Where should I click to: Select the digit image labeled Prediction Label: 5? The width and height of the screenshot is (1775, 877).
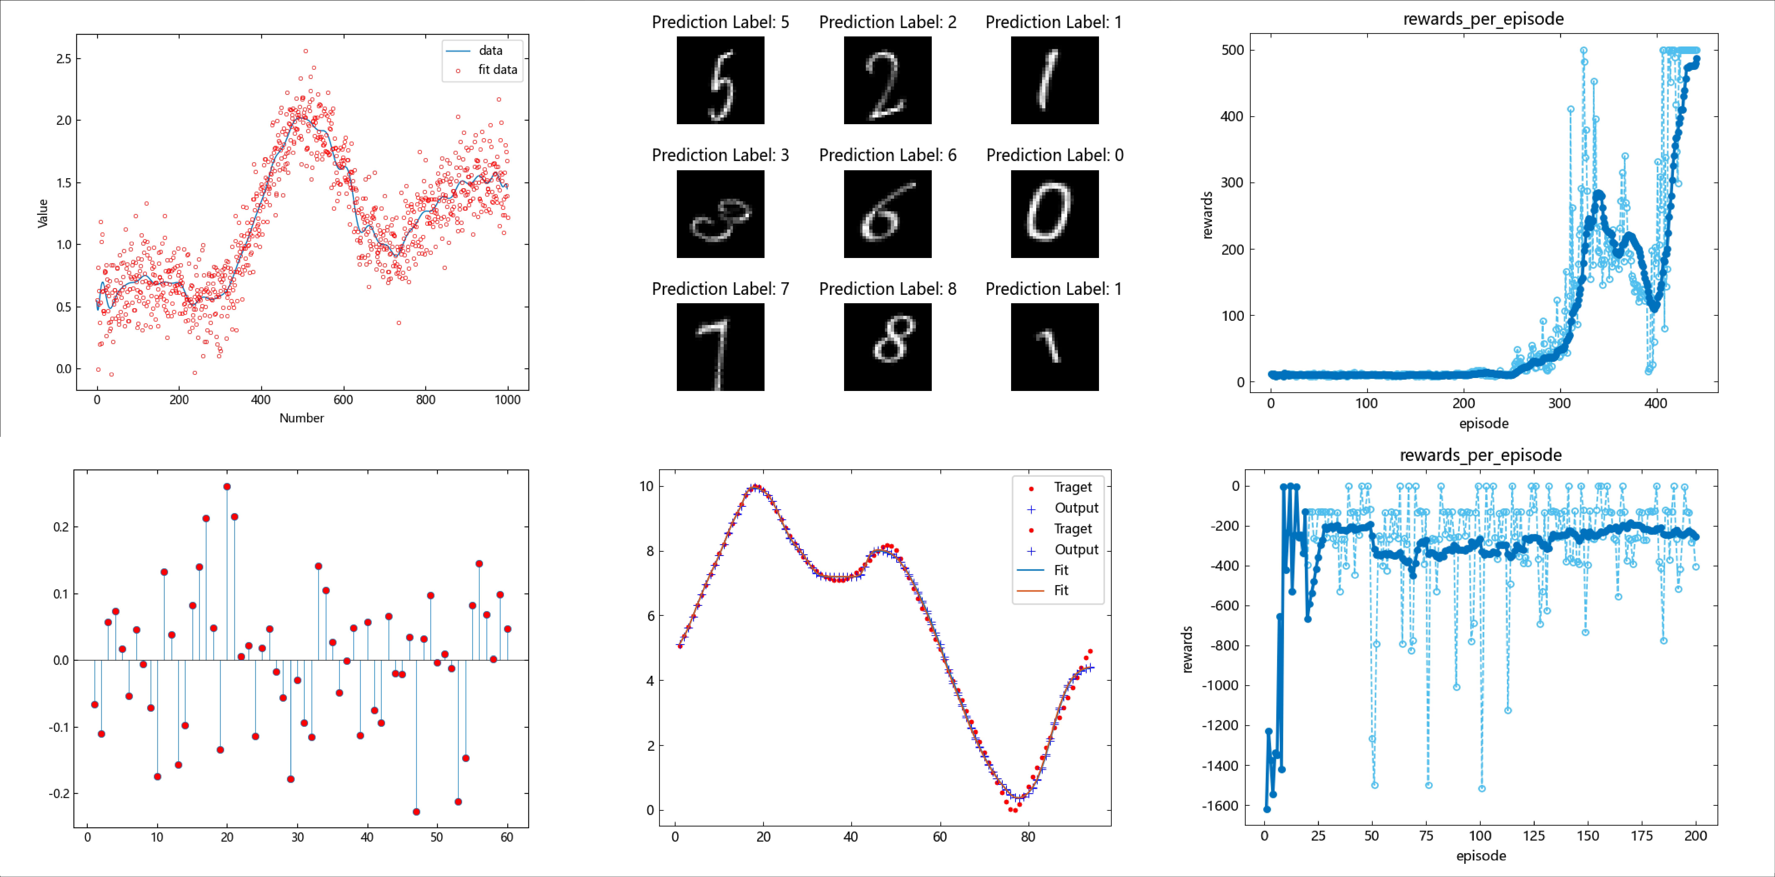click(720, 80)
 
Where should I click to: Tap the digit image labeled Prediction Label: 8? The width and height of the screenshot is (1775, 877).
click(887, 347)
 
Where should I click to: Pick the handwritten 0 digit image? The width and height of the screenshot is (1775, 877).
click(1054, 214)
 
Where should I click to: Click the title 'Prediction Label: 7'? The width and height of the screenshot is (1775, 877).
click(720, 289)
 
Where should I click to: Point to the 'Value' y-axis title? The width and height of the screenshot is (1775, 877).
click(43, 213)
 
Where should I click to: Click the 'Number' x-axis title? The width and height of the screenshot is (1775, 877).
click(301, 418)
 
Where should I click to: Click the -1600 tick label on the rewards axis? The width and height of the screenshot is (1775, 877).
click(1220, 805)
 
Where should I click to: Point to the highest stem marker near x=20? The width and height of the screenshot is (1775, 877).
click(227, 487)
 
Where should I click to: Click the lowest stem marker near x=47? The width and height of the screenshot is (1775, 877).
click(416, 811)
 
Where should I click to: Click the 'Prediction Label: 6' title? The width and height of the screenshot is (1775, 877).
click(887, 155)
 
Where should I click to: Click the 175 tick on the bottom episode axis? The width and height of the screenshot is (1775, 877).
click(1642, 836)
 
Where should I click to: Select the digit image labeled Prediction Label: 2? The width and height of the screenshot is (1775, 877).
click(887, 80)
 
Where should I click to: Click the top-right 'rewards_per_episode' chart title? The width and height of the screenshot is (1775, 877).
click(1483, 19)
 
